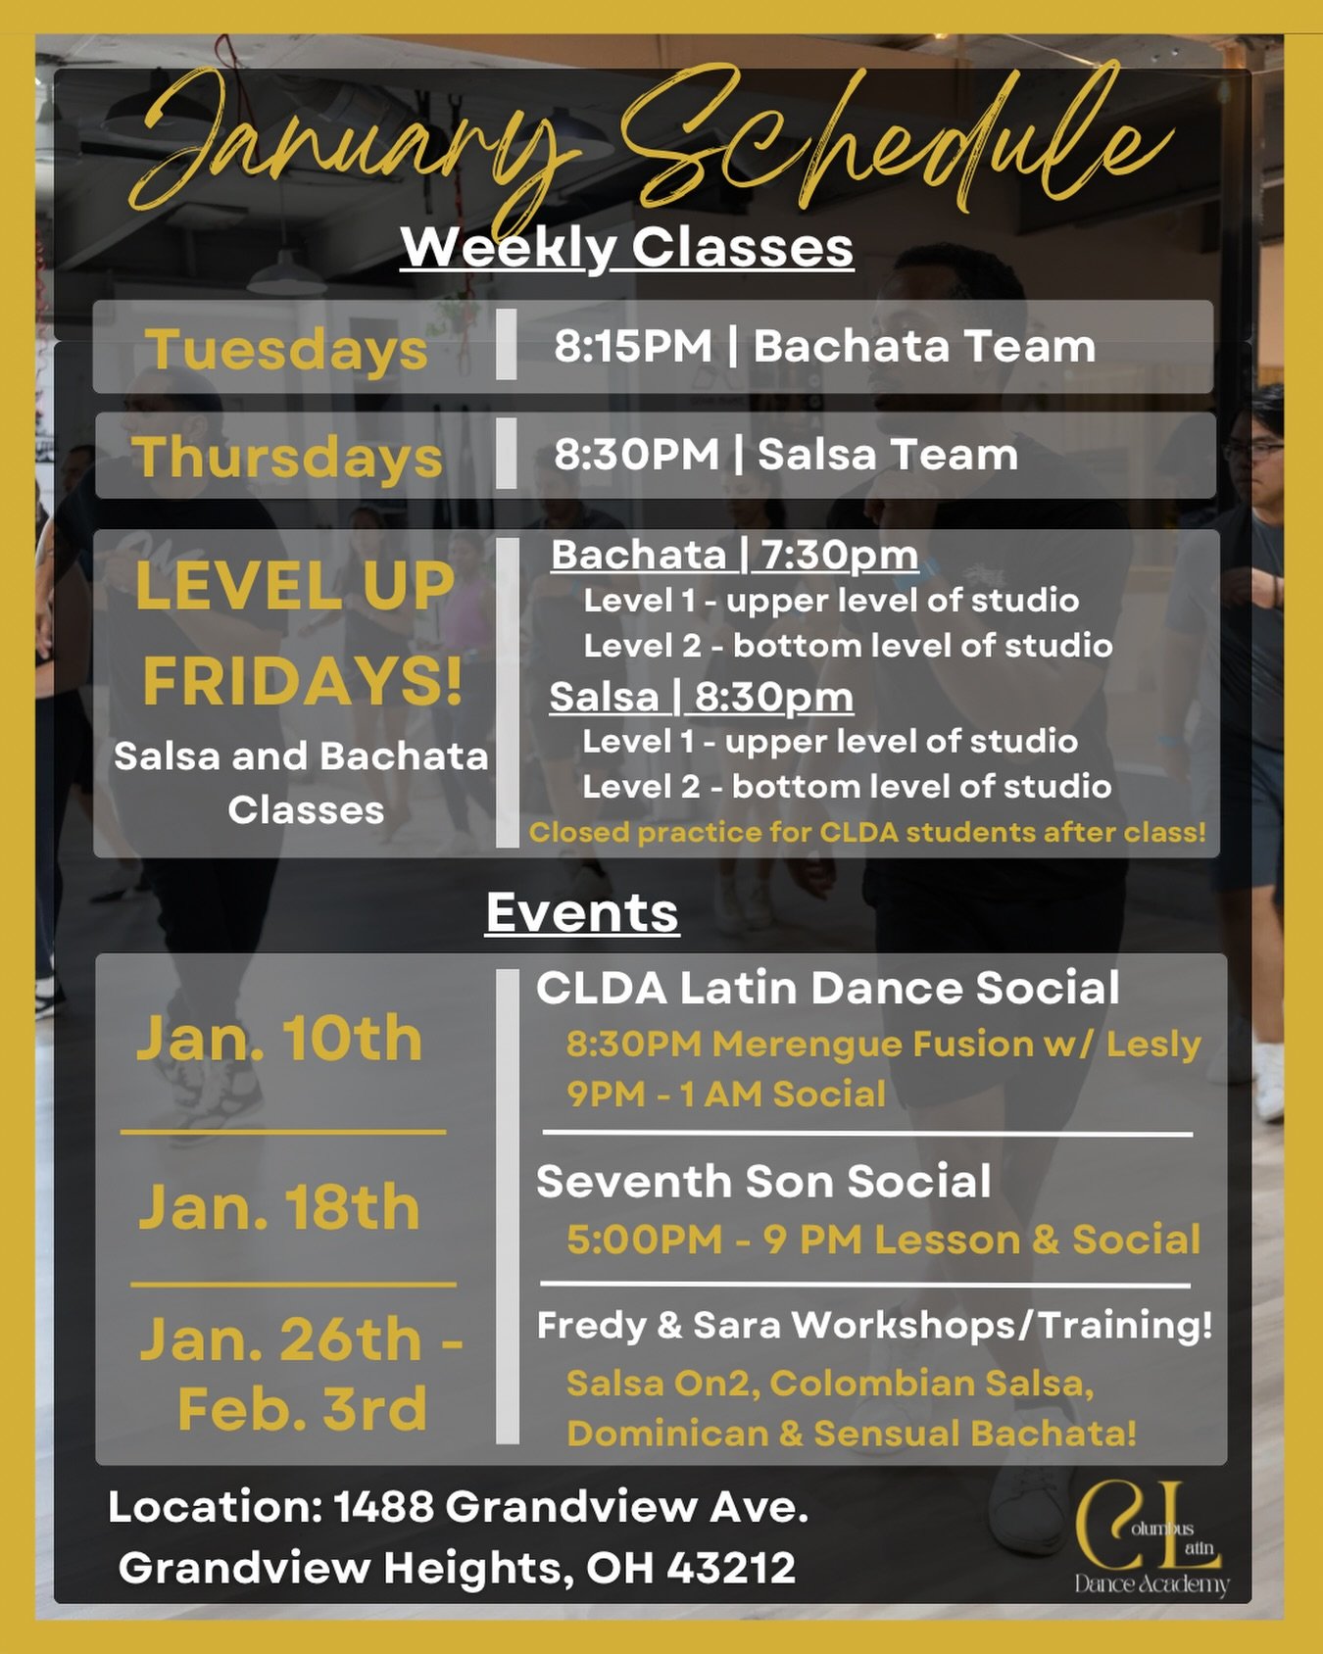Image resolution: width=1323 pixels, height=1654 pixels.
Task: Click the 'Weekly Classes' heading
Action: [626, 247]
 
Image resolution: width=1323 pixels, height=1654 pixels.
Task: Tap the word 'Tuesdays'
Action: [286, 350]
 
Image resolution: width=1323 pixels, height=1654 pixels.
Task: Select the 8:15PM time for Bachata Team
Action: [633, 347]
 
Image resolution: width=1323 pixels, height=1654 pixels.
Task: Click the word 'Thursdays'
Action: [287, 458]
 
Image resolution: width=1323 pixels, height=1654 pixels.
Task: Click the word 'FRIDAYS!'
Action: [302, 681]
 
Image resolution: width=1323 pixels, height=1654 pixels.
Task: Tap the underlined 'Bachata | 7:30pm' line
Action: [734, 556]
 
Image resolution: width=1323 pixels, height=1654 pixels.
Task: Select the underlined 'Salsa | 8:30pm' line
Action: [701, 698]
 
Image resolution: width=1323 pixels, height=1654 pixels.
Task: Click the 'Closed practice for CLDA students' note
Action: [867, 833]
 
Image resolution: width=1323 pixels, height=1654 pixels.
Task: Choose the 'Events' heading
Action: [582, 913]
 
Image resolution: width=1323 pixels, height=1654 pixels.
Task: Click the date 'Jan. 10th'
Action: [279, 1038]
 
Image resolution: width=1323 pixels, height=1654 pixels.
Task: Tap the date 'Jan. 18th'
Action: [279, 1206]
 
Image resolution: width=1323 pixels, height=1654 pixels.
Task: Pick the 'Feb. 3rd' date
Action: [302, 1409]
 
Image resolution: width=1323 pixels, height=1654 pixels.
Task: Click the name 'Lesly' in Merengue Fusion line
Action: [1153, 1045]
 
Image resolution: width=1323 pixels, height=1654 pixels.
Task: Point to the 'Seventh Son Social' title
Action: [763, 1182]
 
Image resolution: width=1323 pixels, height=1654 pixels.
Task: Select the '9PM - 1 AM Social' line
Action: [726, 1094]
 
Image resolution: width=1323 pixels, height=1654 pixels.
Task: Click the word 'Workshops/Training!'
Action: [1002, 1326]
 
